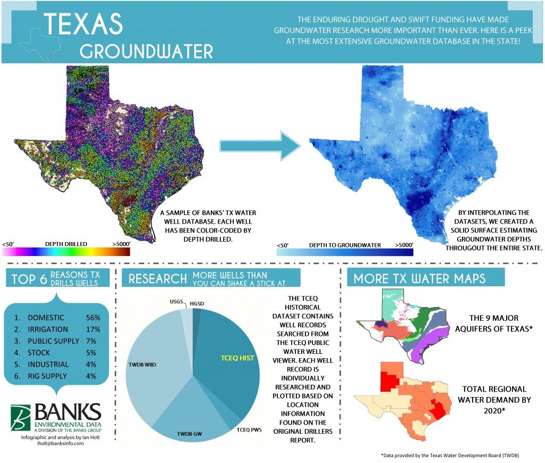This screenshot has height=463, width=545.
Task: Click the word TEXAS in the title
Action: [84, 24]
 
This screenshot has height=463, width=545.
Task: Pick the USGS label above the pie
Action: [175, 301]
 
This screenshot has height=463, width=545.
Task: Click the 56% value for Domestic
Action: [93, 317]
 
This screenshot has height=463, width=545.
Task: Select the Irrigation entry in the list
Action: [48, 329]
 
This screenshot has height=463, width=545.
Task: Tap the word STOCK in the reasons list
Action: [39, 352]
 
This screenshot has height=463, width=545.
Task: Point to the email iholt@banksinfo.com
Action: [53, 443]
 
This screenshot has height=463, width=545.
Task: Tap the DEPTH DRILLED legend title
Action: [66, 244]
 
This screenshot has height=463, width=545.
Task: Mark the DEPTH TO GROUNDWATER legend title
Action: [344, 245]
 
